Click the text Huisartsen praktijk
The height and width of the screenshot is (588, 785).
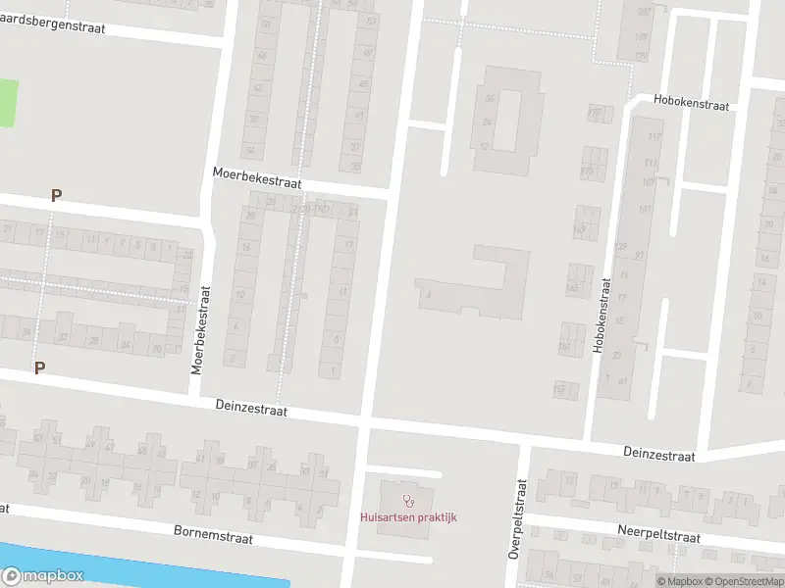409,517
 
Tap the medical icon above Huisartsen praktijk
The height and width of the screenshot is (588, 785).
409,500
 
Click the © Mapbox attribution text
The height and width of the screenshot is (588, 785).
679,581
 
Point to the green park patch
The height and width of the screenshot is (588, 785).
8,103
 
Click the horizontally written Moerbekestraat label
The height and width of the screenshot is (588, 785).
257,177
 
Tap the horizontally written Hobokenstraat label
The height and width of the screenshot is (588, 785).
692,104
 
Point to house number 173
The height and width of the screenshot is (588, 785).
588,171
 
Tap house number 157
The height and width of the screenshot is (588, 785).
561,390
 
